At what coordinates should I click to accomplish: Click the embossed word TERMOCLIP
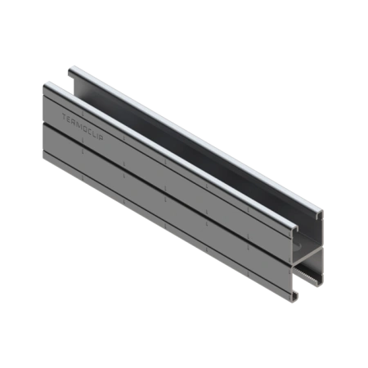click(x=83, y=127)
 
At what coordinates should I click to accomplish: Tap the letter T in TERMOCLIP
click(x=65, y=118)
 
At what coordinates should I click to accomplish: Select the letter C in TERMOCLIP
click(x=88, y=130)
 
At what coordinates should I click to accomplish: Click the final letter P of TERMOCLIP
click(x=101, y=137)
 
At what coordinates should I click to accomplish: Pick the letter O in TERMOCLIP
click(x=83, y=128)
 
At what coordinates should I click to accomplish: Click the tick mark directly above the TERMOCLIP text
click(x=83, y=113)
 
